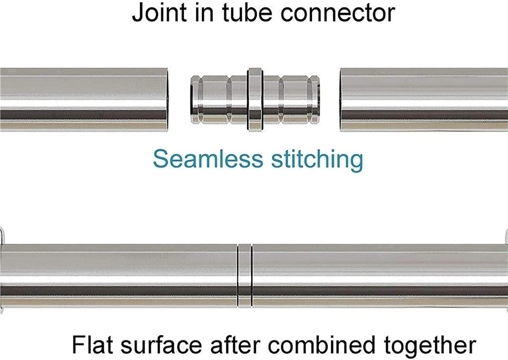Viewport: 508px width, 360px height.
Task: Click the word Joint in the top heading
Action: [x=159, y=13]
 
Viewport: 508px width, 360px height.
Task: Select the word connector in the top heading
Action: [x=338, y=13]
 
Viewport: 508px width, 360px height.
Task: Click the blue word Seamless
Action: [x=208, y=159]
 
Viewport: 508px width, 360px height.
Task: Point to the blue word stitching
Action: [x=317, y=159]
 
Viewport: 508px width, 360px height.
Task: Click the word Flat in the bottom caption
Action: [x=92, y=345]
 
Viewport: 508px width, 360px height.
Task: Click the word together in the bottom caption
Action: [x=430, y=345]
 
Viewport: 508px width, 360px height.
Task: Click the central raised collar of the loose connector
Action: [x=255, y=100]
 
